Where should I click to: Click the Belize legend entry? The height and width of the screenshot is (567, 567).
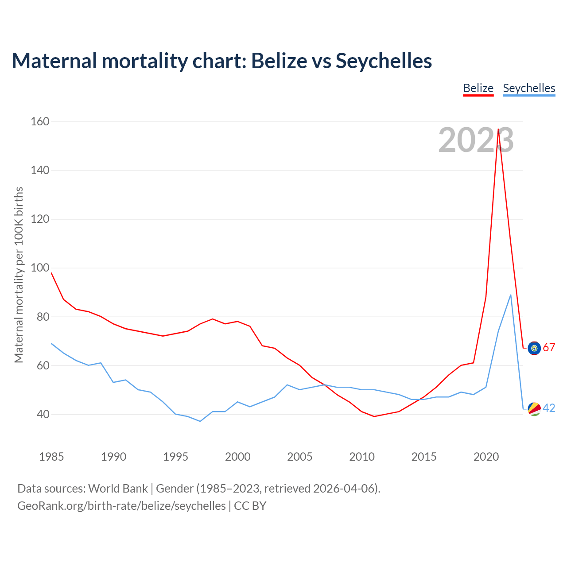tap(478, 88)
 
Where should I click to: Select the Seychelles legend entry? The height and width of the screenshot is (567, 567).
tap(529, 88)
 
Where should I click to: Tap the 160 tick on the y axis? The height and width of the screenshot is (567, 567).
tap(40, 121)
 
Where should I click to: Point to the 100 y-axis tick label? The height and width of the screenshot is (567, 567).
tap(40, 268)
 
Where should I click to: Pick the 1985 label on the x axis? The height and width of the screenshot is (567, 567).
tap(51, 457)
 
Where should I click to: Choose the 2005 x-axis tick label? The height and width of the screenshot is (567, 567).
tap(300, 457)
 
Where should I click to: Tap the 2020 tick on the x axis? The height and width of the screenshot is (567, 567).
tap(486, 457)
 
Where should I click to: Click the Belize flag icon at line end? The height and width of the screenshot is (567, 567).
tap(534, 348)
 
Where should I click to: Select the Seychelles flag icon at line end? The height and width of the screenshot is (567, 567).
tap(534, 409)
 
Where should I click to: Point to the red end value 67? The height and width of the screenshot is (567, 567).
tap(549, 348)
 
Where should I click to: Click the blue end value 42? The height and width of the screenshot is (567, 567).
tap(549, 408)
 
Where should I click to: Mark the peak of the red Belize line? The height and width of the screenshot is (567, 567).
tap(498, 129)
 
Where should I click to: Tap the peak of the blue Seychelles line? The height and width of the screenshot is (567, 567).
tap(511, 295)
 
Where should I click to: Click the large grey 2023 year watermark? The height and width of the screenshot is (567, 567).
tap(476, 140)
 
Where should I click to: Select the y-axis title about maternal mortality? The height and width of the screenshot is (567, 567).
tap(19, 275)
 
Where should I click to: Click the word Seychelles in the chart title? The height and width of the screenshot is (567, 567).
tap(384, 61)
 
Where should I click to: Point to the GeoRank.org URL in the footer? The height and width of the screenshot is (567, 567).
tap(121, 506)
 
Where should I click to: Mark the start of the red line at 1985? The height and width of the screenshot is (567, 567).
tap(51, 273)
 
